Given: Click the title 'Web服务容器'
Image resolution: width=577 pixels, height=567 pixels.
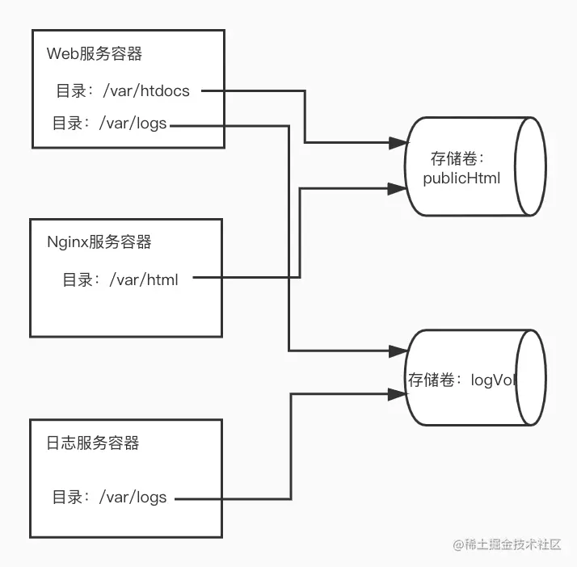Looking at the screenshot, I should click(x=94, y=54).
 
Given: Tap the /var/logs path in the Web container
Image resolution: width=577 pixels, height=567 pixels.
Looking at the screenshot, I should click(x=133, y=124).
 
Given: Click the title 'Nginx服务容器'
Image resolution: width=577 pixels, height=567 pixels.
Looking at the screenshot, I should click(x=99, y=241).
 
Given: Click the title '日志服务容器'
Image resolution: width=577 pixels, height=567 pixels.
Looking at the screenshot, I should click(x=93, y=443).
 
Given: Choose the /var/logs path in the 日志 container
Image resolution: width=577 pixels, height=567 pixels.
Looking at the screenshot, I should click(x=133, y=498).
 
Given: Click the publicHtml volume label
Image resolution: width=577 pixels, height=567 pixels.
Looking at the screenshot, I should click(x=462, y=178).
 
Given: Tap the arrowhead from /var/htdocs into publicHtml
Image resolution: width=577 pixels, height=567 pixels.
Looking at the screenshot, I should click(x=397, y=143).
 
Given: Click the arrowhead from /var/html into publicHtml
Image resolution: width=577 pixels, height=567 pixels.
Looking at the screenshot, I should click(x=397, y=188).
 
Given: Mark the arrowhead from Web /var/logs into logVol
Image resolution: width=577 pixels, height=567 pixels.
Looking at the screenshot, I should click(x=398, y=351).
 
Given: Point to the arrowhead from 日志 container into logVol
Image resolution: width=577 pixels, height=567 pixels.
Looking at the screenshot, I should click(x=398, y=394).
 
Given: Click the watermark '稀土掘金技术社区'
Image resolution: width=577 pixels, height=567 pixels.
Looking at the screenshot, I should click(x=507, y=545).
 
